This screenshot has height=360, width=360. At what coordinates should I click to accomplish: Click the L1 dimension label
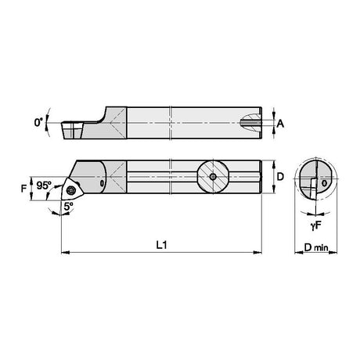pos(162,245)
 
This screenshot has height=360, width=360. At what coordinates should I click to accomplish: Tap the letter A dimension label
pos(280,124)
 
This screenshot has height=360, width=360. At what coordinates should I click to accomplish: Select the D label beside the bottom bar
pos(280,177)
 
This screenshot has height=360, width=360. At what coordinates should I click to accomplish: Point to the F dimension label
pos(24,188)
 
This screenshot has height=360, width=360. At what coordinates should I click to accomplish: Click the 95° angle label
pos(44,185)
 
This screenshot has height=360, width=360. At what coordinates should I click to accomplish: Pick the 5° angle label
pos(68,207)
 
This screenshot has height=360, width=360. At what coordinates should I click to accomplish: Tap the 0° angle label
pos(38,122)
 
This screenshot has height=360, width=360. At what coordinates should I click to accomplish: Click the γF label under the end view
pos(316,225)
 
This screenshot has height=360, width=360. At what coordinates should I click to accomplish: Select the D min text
pos(316,247)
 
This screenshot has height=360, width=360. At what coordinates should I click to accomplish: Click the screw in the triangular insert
pos(70,190)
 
